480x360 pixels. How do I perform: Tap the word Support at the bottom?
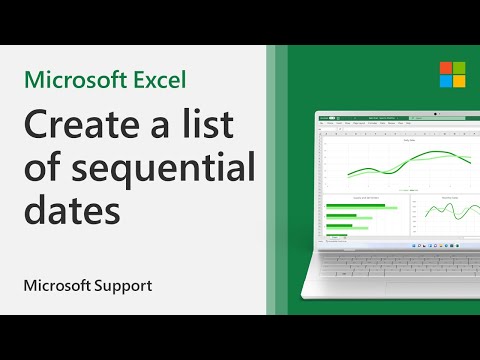(124, 285)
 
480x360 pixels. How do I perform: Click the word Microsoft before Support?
(58, 285)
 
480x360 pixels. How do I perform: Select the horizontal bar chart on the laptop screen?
(356, 220)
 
